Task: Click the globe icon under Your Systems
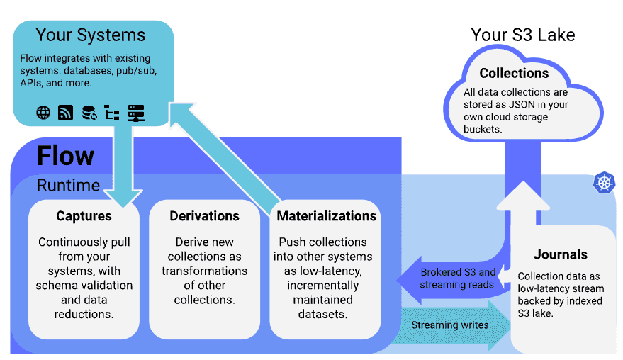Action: (x=43, y=113)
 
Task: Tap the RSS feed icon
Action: (x=65, y=113)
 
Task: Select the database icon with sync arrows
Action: (x=89, y=113)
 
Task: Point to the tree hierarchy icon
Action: (x=112, y=113)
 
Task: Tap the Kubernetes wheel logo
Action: (x=603, y=182)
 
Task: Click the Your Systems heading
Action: (x=91, y=35)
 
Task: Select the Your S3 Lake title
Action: (x=523, y=35)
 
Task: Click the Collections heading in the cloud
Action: (x=514, y=73)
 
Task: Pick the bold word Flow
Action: (x=65, y=155)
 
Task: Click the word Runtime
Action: (x=68, y=186)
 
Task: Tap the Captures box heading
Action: (x=84, y=216)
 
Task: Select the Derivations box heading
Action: (x=204, y=216)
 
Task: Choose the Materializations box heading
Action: (x=326, y=216)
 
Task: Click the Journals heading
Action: (x=561, y=254)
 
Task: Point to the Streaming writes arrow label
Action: (x=450, y=325)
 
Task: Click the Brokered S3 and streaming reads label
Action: (x=458, y=279)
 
